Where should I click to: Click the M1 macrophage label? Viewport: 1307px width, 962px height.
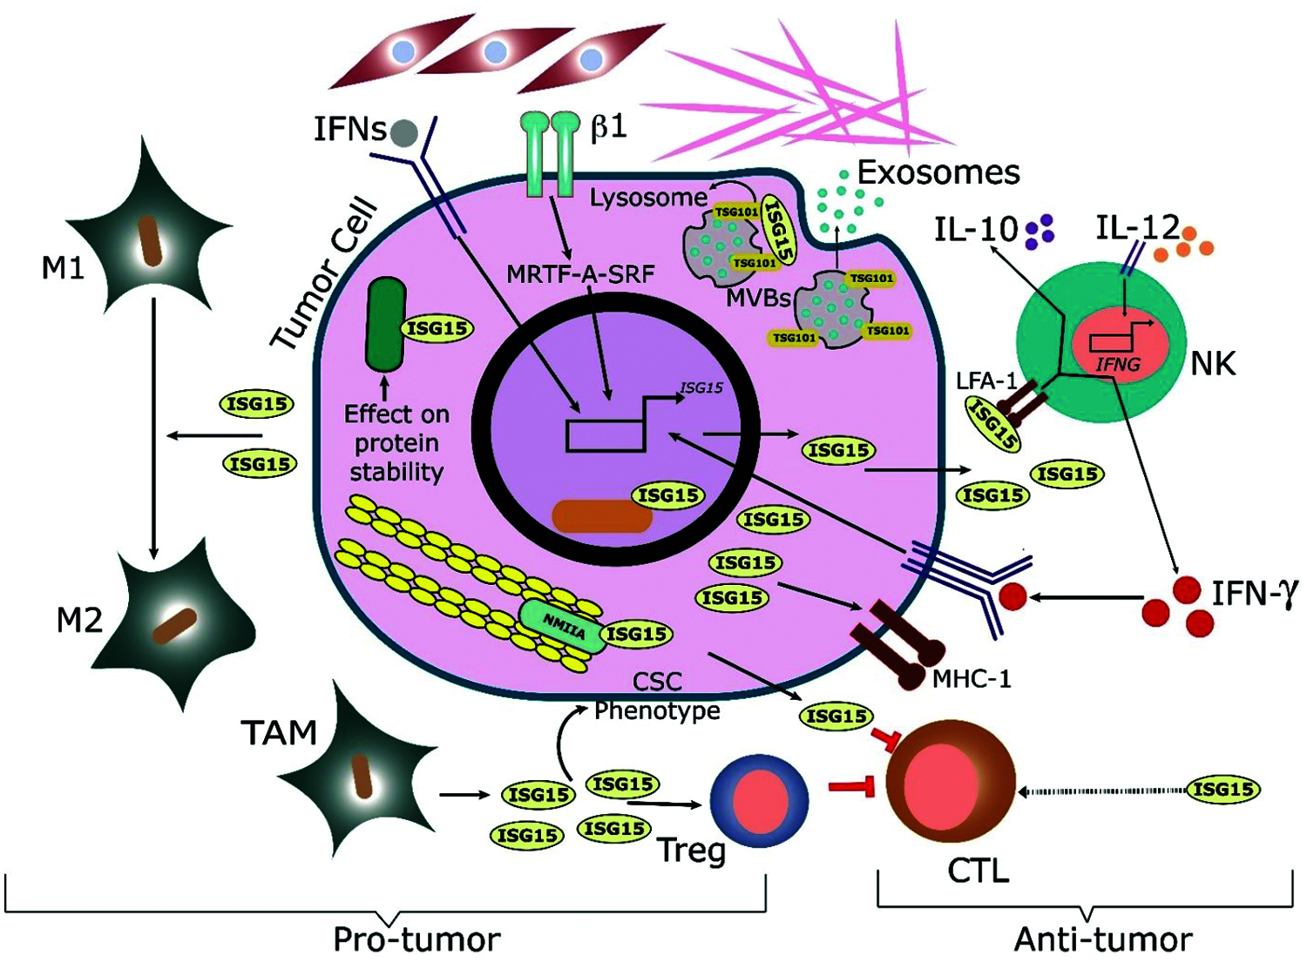pyautogui.click(x=63, y=269)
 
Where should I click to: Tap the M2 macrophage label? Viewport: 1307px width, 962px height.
pyautogui.click(x=80, y=622)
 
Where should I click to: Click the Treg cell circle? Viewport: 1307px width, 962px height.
pyautogui.click(x=759, y=798)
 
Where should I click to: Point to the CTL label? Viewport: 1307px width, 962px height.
pyautogui.click(x=979, y=872)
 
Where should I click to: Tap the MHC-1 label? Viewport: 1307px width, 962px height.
pyautogui.click(x=972, y=679)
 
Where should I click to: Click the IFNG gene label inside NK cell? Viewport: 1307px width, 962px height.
pyautogui.click(x=1118, y=365)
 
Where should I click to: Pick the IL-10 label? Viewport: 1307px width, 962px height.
pyautogui.click(x=977, y=230)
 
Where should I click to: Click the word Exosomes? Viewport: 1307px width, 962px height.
pyautogui.click(x=938, y=172)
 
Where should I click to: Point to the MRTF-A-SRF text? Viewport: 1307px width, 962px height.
pyautogui.click(x=580, y=273)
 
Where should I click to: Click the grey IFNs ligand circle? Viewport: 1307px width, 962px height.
pyautogui.click(x=404, y=133)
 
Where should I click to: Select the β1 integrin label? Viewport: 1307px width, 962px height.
pyautogui.click(x=609, y=127)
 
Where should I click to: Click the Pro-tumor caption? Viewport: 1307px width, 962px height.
pyautogui.click(x=416, y=940)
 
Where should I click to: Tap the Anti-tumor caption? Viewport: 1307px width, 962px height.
pyautogui.click(x=1103, y=940)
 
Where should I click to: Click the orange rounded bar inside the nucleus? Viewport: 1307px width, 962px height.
pyautogui.click(x=602, y=515)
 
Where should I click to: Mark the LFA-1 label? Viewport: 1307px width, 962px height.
pyautogui.click(x=985, y=382)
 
